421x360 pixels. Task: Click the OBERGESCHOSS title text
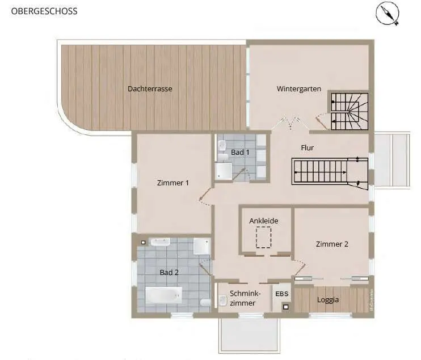(x=44, y=11)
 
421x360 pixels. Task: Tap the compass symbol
(x=388, y=14)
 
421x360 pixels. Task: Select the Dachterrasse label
(x=150, y=89)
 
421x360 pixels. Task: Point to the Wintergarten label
(x=299, y=89)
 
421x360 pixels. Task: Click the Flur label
(x=308, y=147)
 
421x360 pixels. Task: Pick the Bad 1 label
(x=240, y=152)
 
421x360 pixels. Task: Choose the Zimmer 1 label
(x=173, y=183)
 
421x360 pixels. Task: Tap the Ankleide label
(x=264, y=221)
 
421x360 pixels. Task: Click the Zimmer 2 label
(x=332, y=244)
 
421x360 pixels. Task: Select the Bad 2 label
(x=169, y=272)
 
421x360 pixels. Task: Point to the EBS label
(x=282, y=294)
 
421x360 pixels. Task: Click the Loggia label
(x=328, y=300)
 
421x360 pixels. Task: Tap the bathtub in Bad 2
(x=163, y=295)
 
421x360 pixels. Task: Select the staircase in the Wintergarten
(x=350, y=112)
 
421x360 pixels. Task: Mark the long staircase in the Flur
(x=330, y=172)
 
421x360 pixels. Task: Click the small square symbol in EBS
(x=286, y=307)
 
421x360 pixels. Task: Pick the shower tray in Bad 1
(x=224, y=171)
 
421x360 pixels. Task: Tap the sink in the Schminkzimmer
(x=222, y=300)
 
